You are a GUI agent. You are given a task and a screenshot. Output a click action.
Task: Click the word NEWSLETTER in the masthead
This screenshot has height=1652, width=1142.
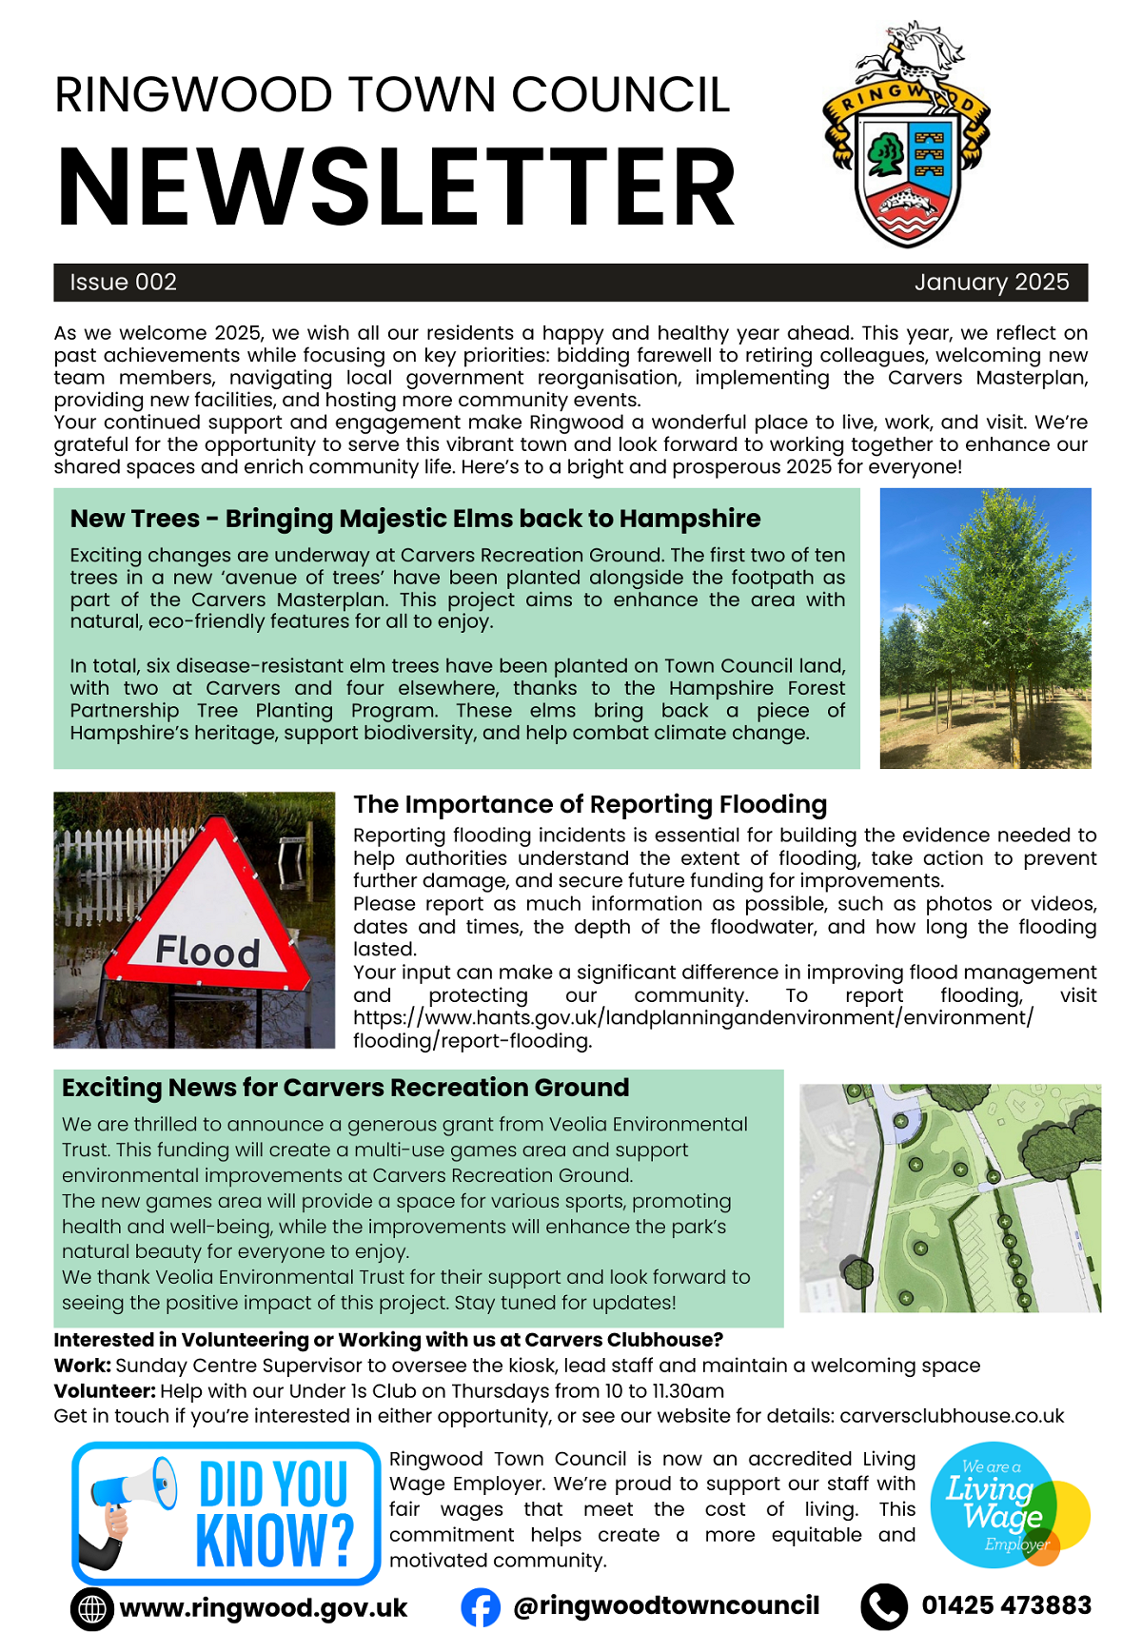(396, 187)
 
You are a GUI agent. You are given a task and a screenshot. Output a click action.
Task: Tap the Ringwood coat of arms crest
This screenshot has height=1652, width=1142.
(905, 138)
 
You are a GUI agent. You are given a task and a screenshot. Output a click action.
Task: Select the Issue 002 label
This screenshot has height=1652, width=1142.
(123, 283)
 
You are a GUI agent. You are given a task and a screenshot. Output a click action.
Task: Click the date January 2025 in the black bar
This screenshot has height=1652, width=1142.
(991, 283)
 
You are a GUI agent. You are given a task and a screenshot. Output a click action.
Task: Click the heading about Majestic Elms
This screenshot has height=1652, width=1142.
(415, 519)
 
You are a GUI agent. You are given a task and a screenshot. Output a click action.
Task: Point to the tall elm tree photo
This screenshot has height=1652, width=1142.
(985, 628)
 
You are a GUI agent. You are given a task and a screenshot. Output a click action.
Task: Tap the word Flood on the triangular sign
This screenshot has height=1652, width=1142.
(207, 951)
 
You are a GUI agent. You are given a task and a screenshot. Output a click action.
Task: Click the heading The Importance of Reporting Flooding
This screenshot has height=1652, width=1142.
(590, 805)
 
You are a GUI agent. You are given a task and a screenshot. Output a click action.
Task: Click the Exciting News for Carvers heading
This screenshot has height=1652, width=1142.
(345, 1088)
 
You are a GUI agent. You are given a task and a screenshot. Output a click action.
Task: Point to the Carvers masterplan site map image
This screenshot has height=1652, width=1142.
(950, 1198)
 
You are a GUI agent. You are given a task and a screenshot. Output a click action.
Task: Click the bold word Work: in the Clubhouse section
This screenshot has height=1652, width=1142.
(82, 1366)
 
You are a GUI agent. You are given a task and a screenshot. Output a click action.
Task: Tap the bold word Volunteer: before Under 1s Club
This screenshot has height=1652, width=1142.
(105, 1391)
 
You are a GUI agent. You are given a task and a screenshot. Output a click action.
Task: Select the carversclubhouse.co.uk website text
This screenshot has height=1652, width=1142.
(951, 1416)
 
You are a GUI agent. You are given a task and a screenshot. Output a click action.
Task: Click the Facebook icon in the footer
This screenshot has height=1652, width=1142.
(481, 1607)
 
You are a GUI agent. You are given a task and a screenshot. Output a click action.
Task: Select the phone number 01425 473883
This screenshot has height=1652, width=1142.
(1006, 1606)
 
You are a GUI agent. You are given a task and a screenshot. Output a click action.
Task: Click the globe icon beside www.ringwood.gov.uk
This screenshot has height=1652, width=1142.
(92, 1609)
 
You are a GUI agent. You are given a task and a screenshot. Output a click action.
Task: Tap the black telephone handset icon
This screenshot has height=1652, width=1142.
(884, 1607)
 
